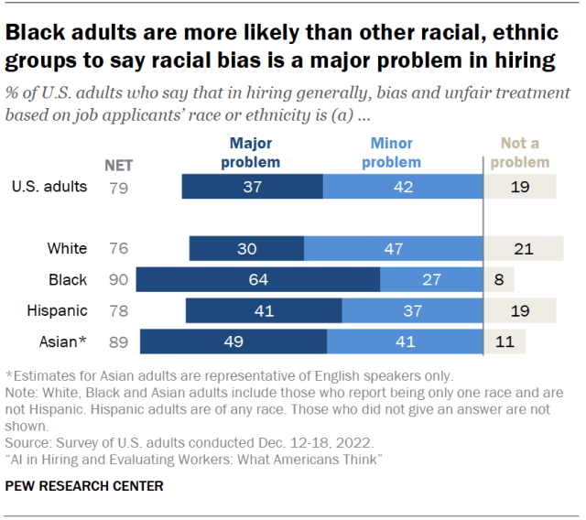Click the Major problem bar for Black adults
point(257,280)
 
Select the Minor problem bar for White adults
point(393,249)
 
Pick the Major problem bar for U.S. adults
point(252,187)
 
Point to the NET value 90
point(119,280)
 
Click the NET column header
point(119,166)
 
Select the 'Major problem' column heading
point(251,153)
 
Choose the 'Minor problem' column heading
point(391,153)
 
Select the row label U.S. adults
point(49,187)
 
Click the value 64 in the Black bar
point(257,280)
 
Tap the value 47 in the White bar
point(393,249)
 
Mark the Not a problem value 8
point(498,280)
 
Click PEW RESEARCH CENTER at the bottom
point(84,486)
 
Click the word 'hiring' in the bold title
point(521,61)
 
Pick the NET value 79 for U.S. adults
point(119,187)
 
